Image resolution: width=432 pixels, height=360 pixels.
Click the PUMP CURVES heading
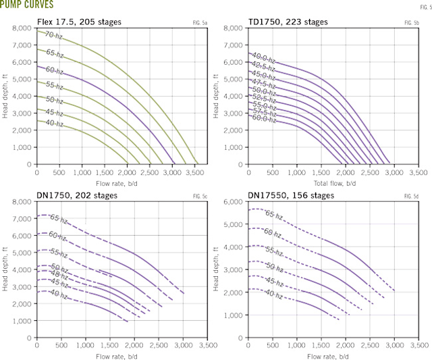pyautogui.click(x=27, y=5)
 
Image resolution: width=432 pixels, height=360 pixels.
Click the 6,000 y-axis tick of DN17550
pyautogui.click(x=233, y=201)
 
